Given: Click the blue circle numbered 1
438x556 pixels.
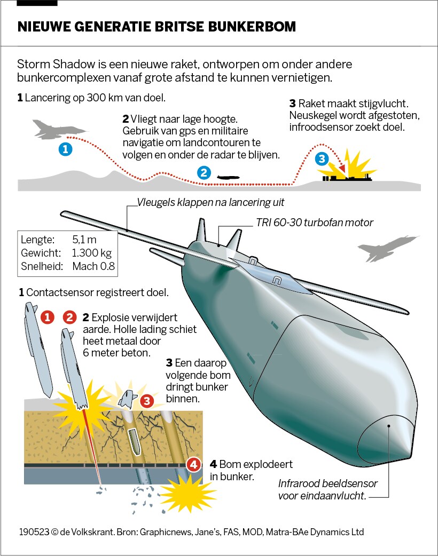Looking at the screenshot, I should (65, 149).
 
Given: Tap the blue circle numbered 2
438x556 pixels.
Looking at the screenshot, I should (203, 172).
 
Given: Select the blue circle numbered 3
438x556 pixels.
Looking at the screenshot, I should (321, 158).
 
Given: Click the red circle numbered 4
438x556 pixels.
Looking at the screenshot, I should (194, 464).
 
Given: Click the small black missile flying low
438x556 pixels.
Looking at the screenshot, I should (228, 177).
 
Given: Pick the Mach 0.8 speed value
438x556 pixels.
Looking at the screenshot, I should (93, 266).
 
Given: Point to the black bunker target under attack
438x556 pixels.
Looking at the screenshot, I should (345, 177).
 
